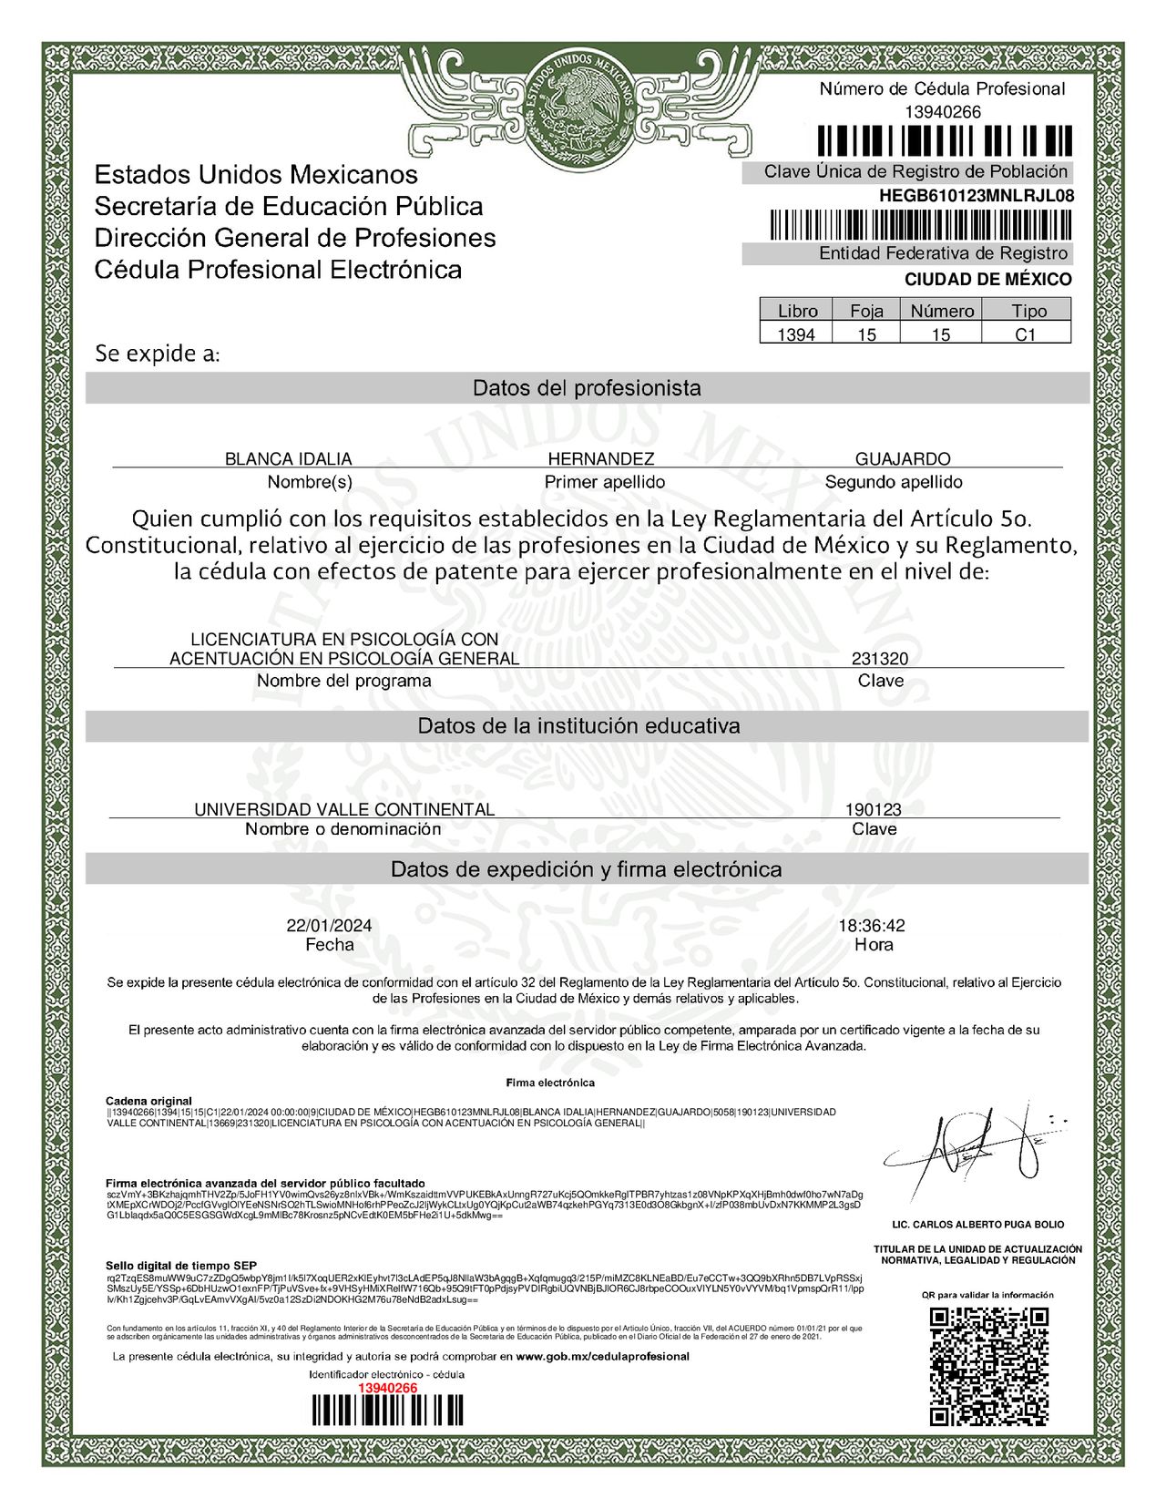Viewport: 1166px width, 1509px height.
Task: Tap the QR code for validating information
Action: coord(988,1366)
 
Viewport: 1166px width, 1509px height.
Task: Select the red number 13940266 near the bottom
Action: coord(387,1388)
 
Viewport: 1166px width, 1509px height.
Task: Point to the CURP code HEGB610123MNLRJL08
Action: coord(976,196)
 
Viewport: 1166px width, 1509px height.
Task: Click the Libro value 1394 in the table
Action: coord(796,334)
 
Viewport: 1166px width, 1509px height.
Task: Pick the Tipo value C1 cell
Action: coord(1026,334)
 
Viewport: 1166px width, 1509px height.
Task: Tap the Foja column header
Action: coord(866,311)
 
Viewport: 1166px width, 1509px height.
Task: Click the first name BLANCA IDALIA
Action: coord(288,458)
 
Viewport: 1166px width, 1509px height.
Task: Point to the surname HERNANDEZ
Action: coord(600,458)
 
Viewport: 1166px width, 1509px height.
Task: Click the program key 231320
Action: coord(880,659)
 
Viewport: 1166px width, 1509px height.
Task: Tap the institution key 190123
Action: coord(873,809)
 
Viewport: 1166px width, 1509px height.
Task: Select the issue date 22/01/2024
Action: coord(329,926)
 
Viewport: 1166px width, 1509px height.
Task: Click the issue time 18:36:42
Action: coord(872,926)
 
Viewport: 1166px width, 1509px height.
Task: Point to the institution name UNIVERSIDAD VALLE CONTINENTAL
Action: coord(344,809)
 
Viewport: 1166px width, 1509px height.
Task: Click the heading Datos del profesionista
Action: coord(587,388)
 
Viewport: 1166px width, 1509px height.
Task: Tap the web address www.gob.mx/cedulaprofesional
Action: coord(602,1356)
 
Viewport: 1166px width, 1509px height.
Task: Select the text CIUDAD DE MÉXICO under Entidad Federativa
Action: coord(987,280)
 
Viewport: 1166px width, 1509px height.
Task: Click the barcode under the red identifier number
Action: coord(387,1411)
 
